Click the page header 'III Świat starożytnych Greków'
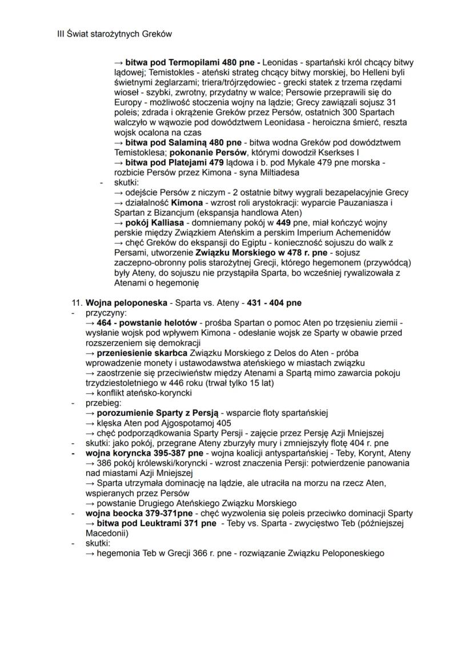(115, 34)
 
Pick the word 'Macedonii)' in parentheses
(107, 533)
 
